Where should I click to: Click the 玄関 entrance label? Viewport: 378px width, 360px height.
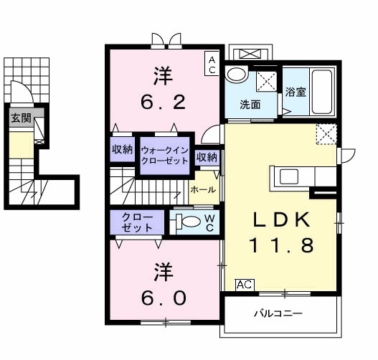(x=22, y=118)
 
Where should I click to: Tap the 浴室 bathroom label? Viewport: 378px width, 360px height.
(x=296, y=92)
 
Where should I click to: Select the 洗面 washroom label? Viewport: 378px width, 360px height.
(x=250, y=105)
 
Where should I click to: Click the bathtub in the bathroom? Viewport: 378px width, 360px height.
(x=322, y=92)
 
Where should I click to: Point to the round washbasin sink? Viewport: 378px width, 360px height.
(x=237, y=74)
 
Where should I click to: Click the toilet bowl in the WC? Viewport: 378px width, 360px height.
(x=192, y=221)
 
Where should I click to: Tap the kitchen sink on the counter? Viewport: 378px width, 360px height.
(x=289, y=176)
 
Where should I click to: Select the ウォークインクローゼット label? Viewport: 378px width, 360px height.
(x=165, y=156)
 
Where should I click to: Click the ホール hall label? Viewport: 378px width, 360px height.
(x=203, y=190)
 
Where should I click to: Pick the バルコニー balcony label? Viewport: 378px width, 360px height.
(x=278, y=313)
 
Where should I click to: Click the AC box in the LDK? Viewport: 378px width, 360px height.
(x=245, y=285)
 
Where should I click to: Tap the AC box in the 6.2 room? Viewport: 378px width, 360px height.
(x=212, y=64)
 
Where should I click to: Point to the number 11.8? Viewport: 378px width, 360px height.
(x=283, y=245)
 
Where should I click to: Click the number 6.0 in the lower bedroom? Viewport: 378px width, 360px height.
(x=164, y=298)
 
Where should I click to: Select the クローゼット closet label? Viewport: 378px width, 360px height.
(x=137, y=222)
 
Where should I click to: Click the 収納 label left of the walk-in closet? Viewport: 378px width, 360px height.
(x=122, y=149)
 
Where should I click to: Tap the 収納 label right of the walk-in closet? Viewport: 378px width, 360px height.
(x=207, y=157)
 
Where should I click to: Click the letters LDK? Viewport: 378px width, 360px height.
(x=281, y=220)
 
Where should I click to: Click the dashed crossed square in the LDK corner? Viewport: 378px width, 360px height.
(x=326, y=134)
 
